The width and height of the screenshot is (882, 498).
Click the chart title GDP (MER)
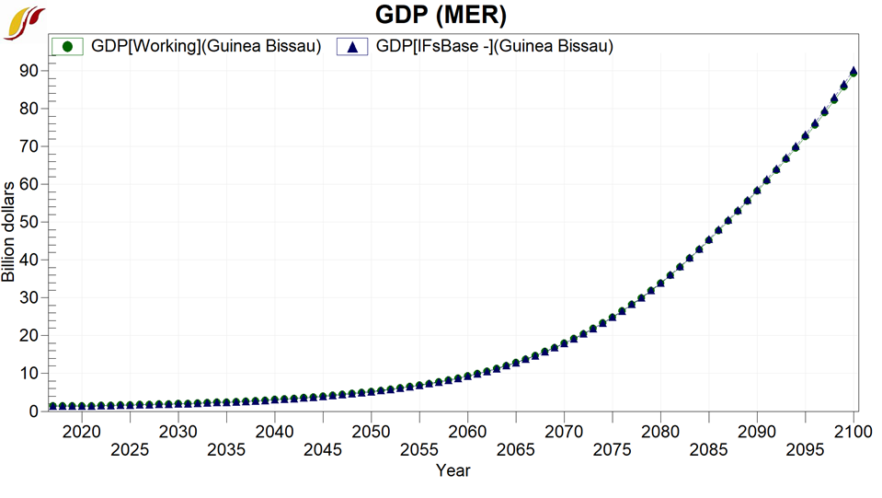441,16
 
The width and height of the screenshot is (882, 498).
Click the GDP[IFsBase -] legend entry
495,46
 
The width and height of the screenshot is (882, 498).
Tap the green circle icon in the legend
67,46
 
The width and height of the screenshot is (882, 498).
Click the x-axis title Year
452,470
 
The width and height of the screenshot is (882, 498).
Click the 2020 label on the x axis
82,431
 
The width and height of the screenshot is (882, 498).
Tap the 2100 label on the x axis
853,431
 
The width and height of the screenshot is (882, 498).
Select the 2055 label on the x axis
418,450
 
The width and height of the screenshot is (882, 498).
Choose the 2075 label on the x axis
612,450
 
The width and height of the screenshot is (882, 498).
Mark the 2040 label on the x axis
274,431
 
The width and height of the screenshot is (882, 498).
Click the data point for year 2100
853,72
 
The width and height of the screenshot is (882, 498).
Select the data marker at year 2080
660,283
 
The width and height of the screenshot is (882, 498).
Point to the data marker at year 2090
757,191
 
